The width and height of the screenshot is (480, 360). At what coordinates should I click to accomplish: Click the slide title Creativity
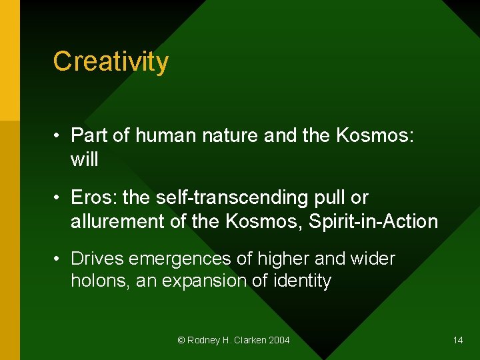[x=111, y=61]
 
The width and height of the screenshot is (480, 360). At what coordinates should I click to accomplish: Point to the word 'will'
[x=84, y=159]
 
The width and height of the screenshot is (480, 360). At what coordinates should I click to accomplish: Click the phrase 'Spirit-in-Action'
[x=373, y=221]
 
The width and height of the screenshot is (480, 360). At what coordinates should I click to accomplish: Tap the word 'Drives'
[x=99, y=258]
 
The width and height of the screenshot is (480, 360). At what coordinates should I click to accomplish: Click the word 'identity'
[x=302, y=281]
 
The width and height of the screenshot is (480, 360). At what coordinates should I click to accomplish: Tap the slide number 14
[x=458, y=340]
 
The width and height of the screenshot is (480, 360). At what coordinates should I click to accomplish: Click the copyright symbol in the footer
[x=181, y=340]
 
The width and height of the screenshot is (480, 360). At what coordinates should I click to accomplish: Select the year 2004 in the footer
[x=279, y=340]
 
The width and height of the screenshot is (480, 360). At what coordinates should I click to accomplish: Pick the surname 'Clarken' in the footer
[x=249, y=340]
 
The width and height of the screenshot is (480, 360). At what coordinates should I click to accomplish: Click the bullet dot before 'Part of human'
[x=58, y=137]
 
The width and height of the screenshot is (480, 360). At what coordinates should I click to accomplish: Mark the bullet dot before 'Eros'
[x=58, y=199]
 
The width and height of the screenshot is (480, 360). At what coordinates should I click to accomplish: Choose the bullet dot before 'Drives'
[x=58, y=259]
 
